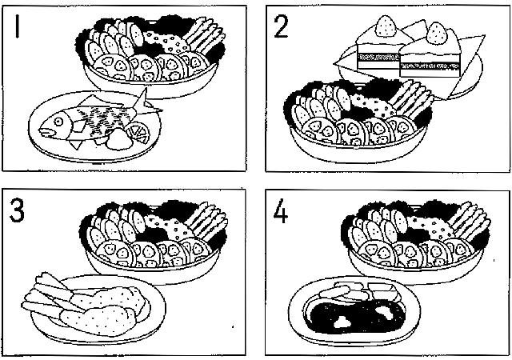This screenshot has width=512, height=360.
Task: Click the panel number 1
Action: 18,26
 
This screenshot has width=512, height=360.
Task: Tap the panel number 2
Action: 281,26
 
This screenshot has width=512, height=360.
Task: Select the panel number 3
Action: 17,211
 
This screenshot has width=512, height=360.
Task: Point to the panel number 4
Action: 281,212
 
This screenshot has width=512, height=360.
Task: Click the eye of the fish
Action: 58,122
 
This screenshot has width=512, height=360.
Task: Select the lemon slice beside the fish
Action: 138,133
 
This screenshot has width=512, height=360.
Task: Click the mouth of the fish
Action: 46,131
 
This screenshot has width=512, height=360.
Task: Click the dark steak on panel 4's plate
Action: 357,316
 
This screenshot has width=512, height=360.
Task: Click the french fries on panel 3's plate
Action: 49,296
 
